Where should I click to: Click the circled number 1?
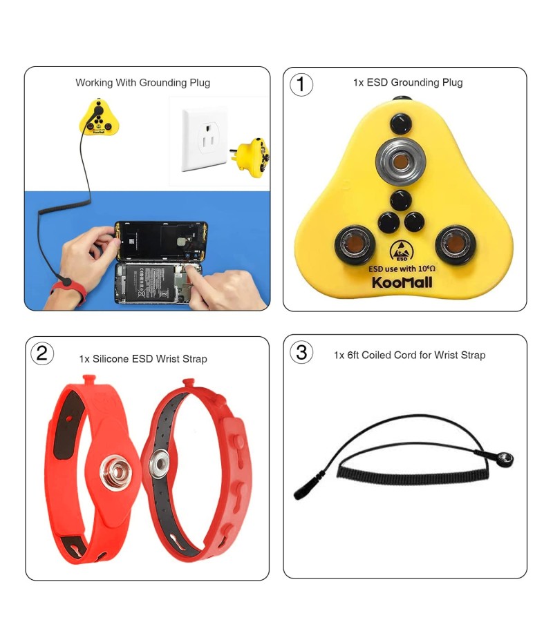301,85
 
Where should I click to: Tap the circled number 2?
42,353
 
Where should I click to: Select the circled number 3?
301,353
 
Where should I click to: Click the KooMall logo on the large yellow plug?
402,282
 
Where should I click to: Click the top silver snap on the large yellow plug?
400,162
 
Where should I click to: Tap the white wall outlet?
205,139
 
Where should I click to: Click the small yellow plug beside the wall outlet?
250,157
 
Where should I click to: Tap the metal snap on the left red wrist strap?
115,472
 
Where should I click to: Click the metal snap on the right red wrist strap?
159,463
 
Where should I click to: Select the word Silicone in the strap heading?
111,359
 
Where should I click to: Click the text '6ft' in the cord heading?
353,355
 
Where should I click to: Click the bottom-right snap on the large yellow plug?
455,245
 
